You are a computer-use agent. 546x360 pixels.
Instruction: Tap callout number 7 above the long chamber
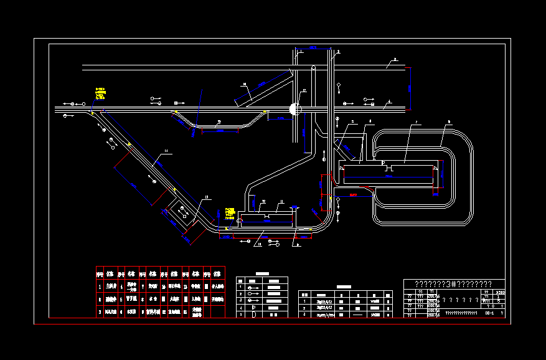pos(417,123)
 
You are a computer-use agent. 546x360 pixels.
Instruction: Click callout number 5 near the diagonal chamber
pos(352,121)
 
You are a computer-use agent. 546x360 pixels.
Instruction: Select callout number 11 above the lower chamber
pos(281,202)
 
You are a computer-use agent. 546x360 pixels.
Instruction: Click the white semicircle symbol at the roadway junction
pos(294,109)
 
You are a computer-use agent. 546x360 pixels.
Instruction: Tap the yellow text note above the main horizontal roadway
pos(100,93)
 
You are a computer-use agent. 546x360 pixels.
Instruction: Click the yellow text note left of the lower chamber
pos(230,214)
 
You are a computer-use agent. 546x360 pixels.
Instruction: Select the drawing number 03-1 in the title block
pos(489,313)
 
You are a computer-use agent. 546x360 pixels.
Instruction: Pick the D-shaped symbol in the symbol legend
pos(254,315)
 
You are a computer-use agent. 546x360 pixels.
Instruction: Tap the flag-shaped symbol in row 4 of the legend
pos(254,308)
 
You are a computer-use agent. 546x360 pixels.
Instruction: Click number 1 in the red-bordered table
pos(100,287)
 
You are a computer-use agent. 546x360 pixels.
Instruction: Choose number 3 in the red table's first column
pos(100,311)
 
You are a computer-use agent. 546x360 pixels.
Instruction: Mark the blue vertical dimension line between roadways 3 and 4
pos(410,88)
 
